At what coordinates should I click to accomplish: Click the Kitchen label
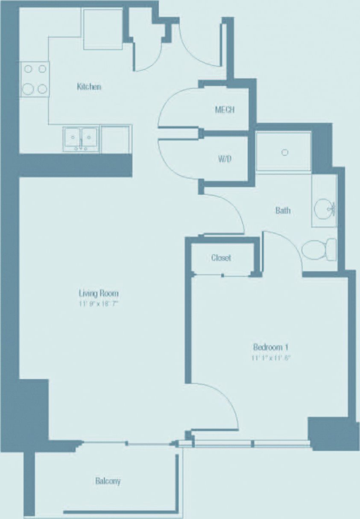click(x=89, y=87)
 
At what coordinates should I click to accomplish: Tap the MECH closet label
click(x=225, y=110)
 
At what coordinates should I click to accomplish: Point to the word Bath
click(x=283, y=210)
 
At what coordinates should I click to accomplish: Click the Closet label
click(x=221, y=258)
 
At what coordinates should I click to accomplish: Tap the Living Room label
click(x=98, y=293)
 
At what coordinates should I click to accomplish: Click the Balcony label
click(x=108, y=481)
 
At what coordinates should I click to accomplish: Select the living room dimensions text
click(x=98, y=304)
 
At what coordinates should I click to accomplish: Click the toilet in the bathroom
click(x=319, y=250)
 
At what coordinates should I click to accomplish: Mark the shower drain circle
click(x=285, y=152)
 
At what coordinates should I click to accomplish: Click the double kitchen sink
click(x=81, y=138)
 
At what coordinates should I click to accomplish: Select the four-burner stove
click(x=35, y=79)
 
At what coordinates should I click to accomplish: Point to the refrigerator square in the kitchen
click(x=102, y=29)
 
